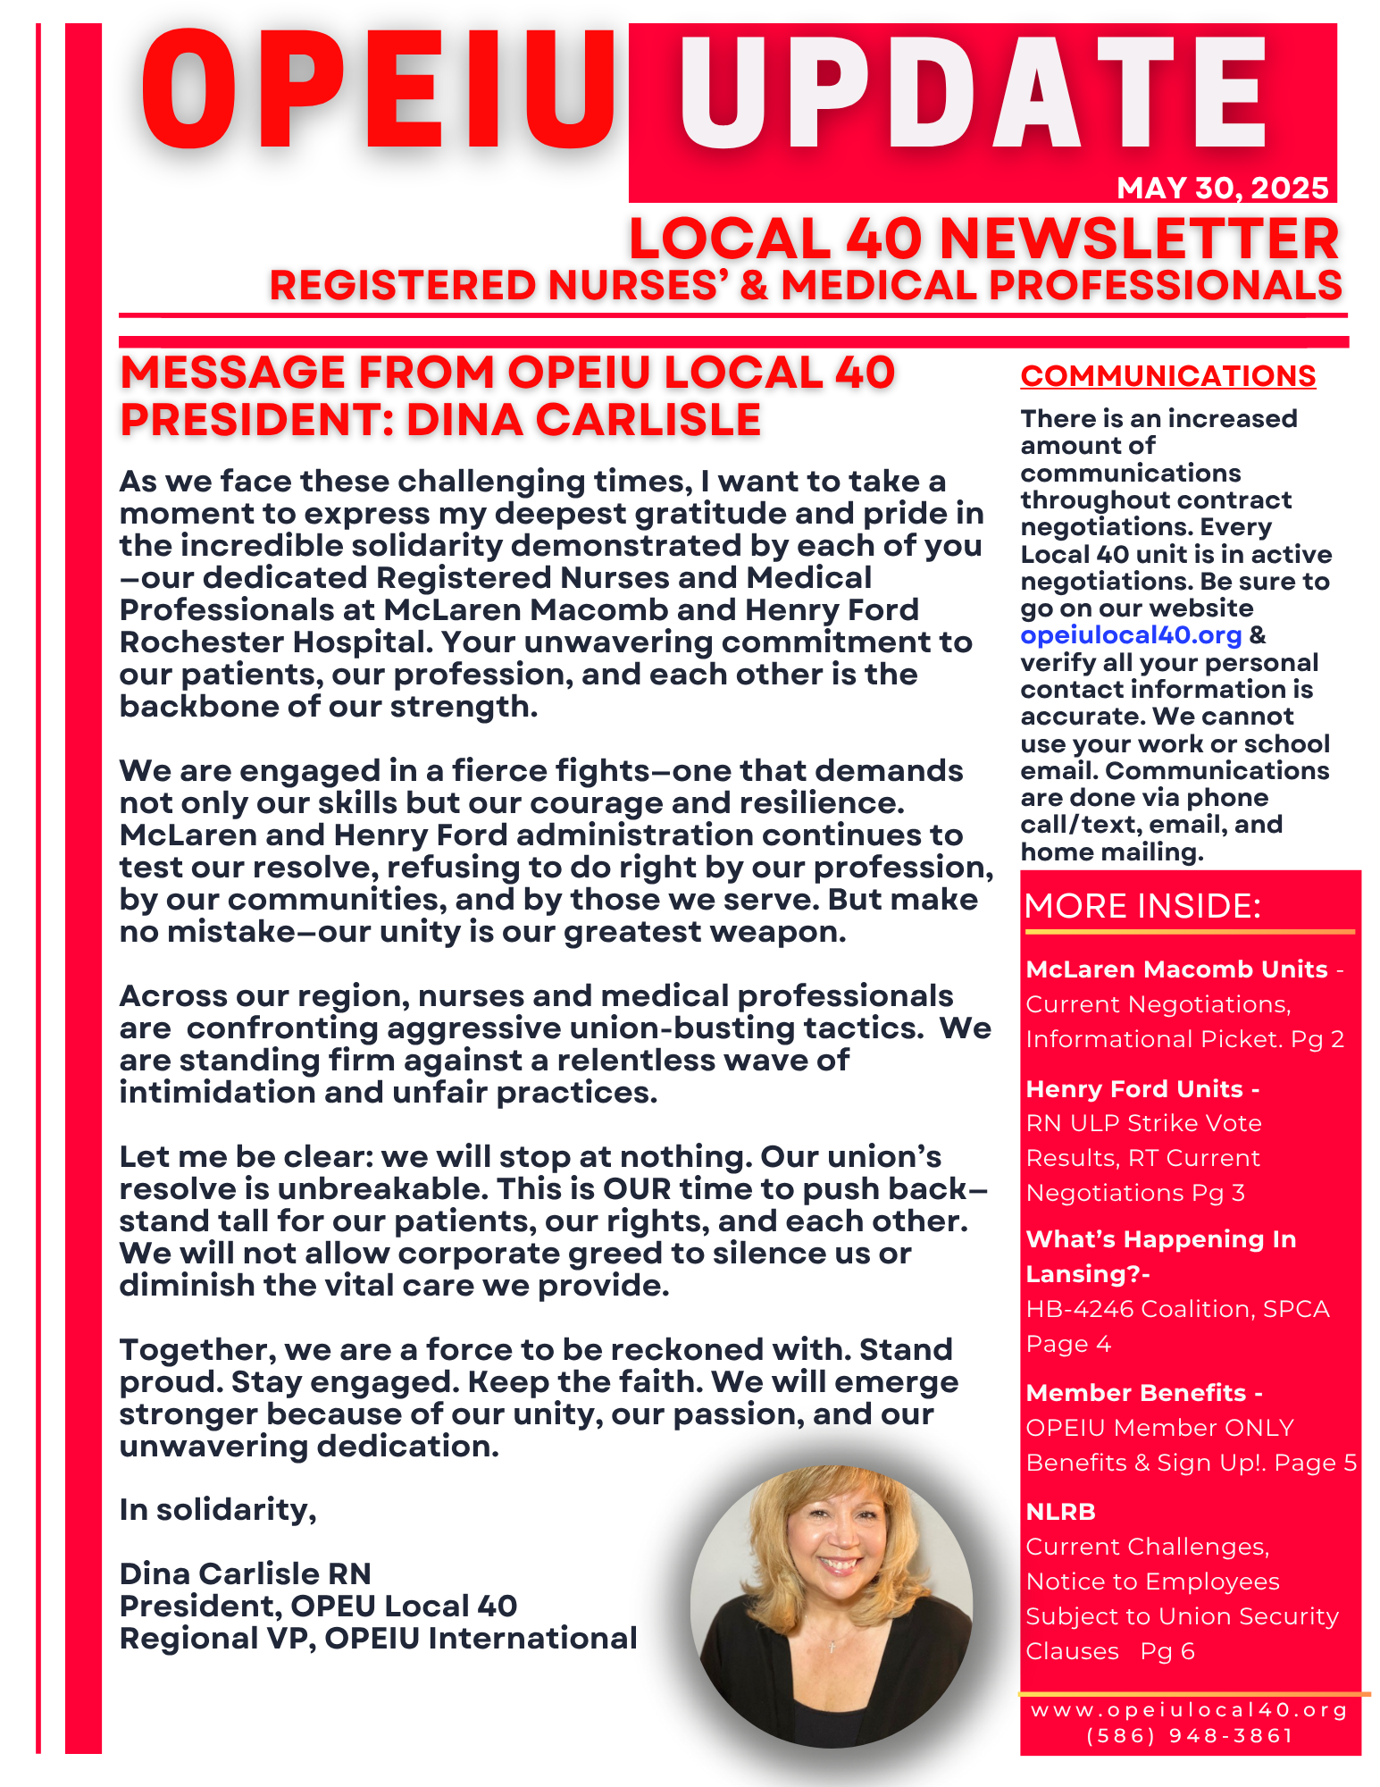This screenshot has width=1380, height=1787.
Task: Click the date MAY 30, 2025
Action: point(1222,188)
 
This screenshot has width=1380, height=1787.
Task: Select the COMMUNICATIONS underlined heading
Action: point(1167,376)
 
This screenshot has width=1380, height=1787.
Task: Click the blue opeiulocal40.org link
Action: point(1131,635)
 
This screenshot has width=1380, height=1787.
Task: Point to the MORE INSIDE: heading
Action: point(1142,906)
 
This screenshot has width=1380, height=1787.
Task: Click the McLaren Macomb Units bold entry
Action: point(1176,969)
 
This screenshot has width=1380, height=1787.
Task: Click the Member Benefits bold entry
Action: point(1135,1393)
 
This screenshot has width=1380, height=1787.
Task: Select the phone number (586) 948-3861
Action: point(1190,1736)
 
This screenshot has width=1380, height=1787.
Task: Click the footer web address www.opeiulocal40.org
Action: point(1189,1710)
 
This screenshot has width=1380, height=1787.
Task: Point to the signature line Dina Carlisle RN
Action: point(245,1573)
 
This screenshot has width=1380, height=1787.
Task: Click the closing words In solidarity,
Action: point(218,1509)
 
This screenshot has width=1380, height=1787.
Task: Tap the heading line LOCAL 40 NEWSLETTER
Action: point(983,239)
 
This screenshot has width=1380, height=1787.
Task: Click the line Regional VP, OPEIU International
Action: point(378,1639)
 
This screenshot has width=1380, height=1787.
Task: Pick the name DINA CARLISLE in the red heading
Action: point(583,420)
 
